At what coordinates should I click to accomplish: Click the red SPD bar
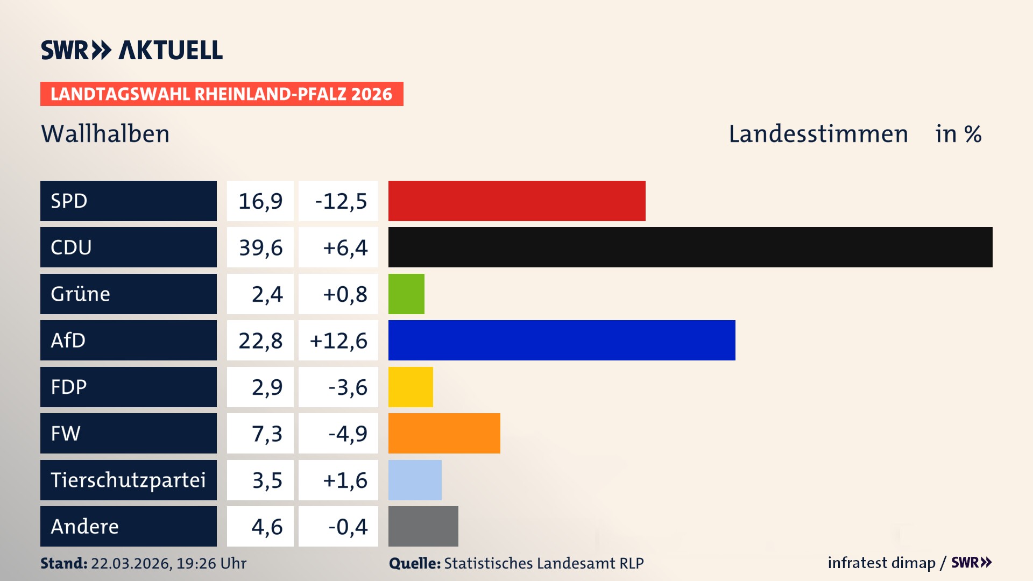pos(516,201)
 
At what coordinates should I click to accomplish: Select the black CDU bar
pos(690,247)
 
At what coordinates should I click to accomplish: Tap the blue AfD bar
pos(561,340)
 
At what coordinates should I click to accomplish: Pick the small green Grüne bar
pos(406,294)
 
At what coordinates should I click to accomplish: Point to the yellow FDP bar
pos(411,387)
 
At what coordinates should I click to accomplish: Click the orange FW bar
pos(444,433)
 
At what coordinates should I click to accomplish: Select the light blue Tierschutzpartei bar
pos(415,480)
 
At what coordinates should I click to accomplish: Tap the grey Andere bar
pos(423,526)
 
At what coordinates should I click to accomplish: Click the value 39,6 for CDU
pos(260,247)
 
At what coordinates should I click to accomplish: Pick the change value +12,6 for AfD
pos(338,341)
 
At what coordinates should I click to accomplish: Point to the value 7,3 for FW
pos(267,434)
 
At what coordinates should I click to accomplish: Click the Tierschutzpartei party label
pos(128,480)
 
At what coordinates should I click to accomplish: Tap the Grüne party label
pos(81,294)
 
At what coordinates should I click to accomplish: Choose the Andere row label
pos(85,526)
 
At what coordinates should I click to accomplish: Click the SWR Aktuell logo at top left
pos(132,50)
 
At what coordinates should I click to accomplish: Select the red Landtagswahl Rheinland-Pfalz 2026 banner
pos(221,94)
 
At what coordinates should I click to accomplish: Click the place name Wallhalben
pos(105,134)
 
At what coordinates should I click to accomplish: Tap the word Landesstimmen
pos(818,134)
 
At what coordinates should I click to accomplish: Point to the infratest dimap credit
pos(881,563)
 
